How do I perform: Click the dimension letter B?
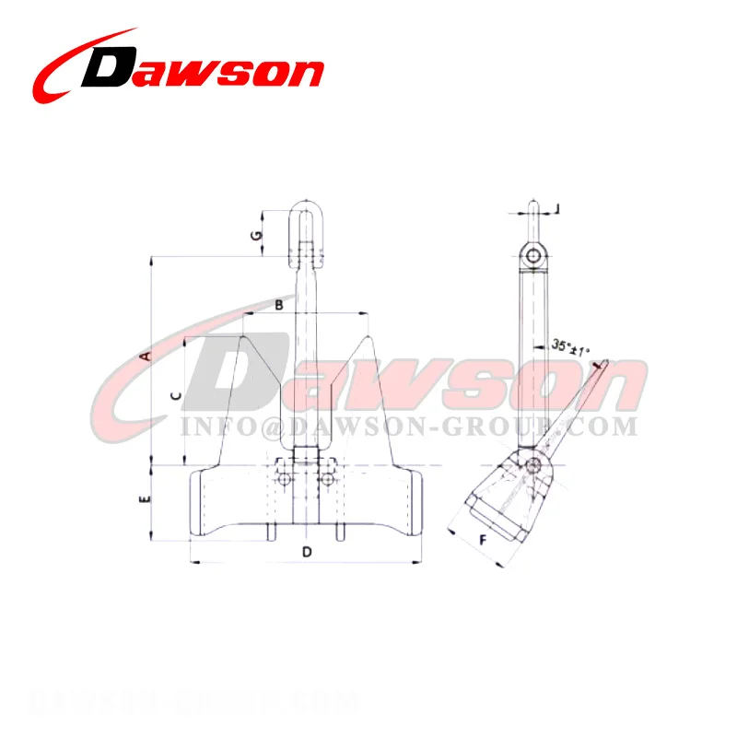pos(279,306)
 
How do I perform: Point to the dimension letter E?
pos(145,501)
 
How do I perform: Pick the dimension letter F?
pos(482,541)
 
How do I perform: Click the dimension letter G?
pos(258,235)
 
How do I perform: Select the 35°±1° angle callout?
pos(570,347)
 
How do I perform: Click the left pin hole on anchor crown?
pos(286,479)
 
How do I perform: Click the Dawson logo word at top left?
pos(207,70)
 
